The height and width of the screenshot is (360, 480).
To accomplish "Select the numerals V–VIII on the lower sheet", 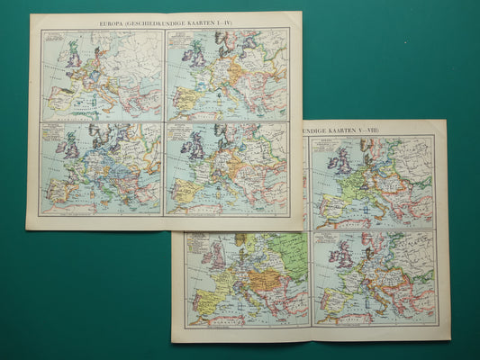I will (x=368, y=130).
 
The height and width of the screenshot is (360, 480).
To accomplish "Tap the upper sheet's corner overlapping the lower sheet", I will (x=297, y=226).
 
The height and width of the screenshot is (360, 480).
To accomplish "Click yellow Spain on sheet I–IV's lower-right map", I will (x=185, y=190).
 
